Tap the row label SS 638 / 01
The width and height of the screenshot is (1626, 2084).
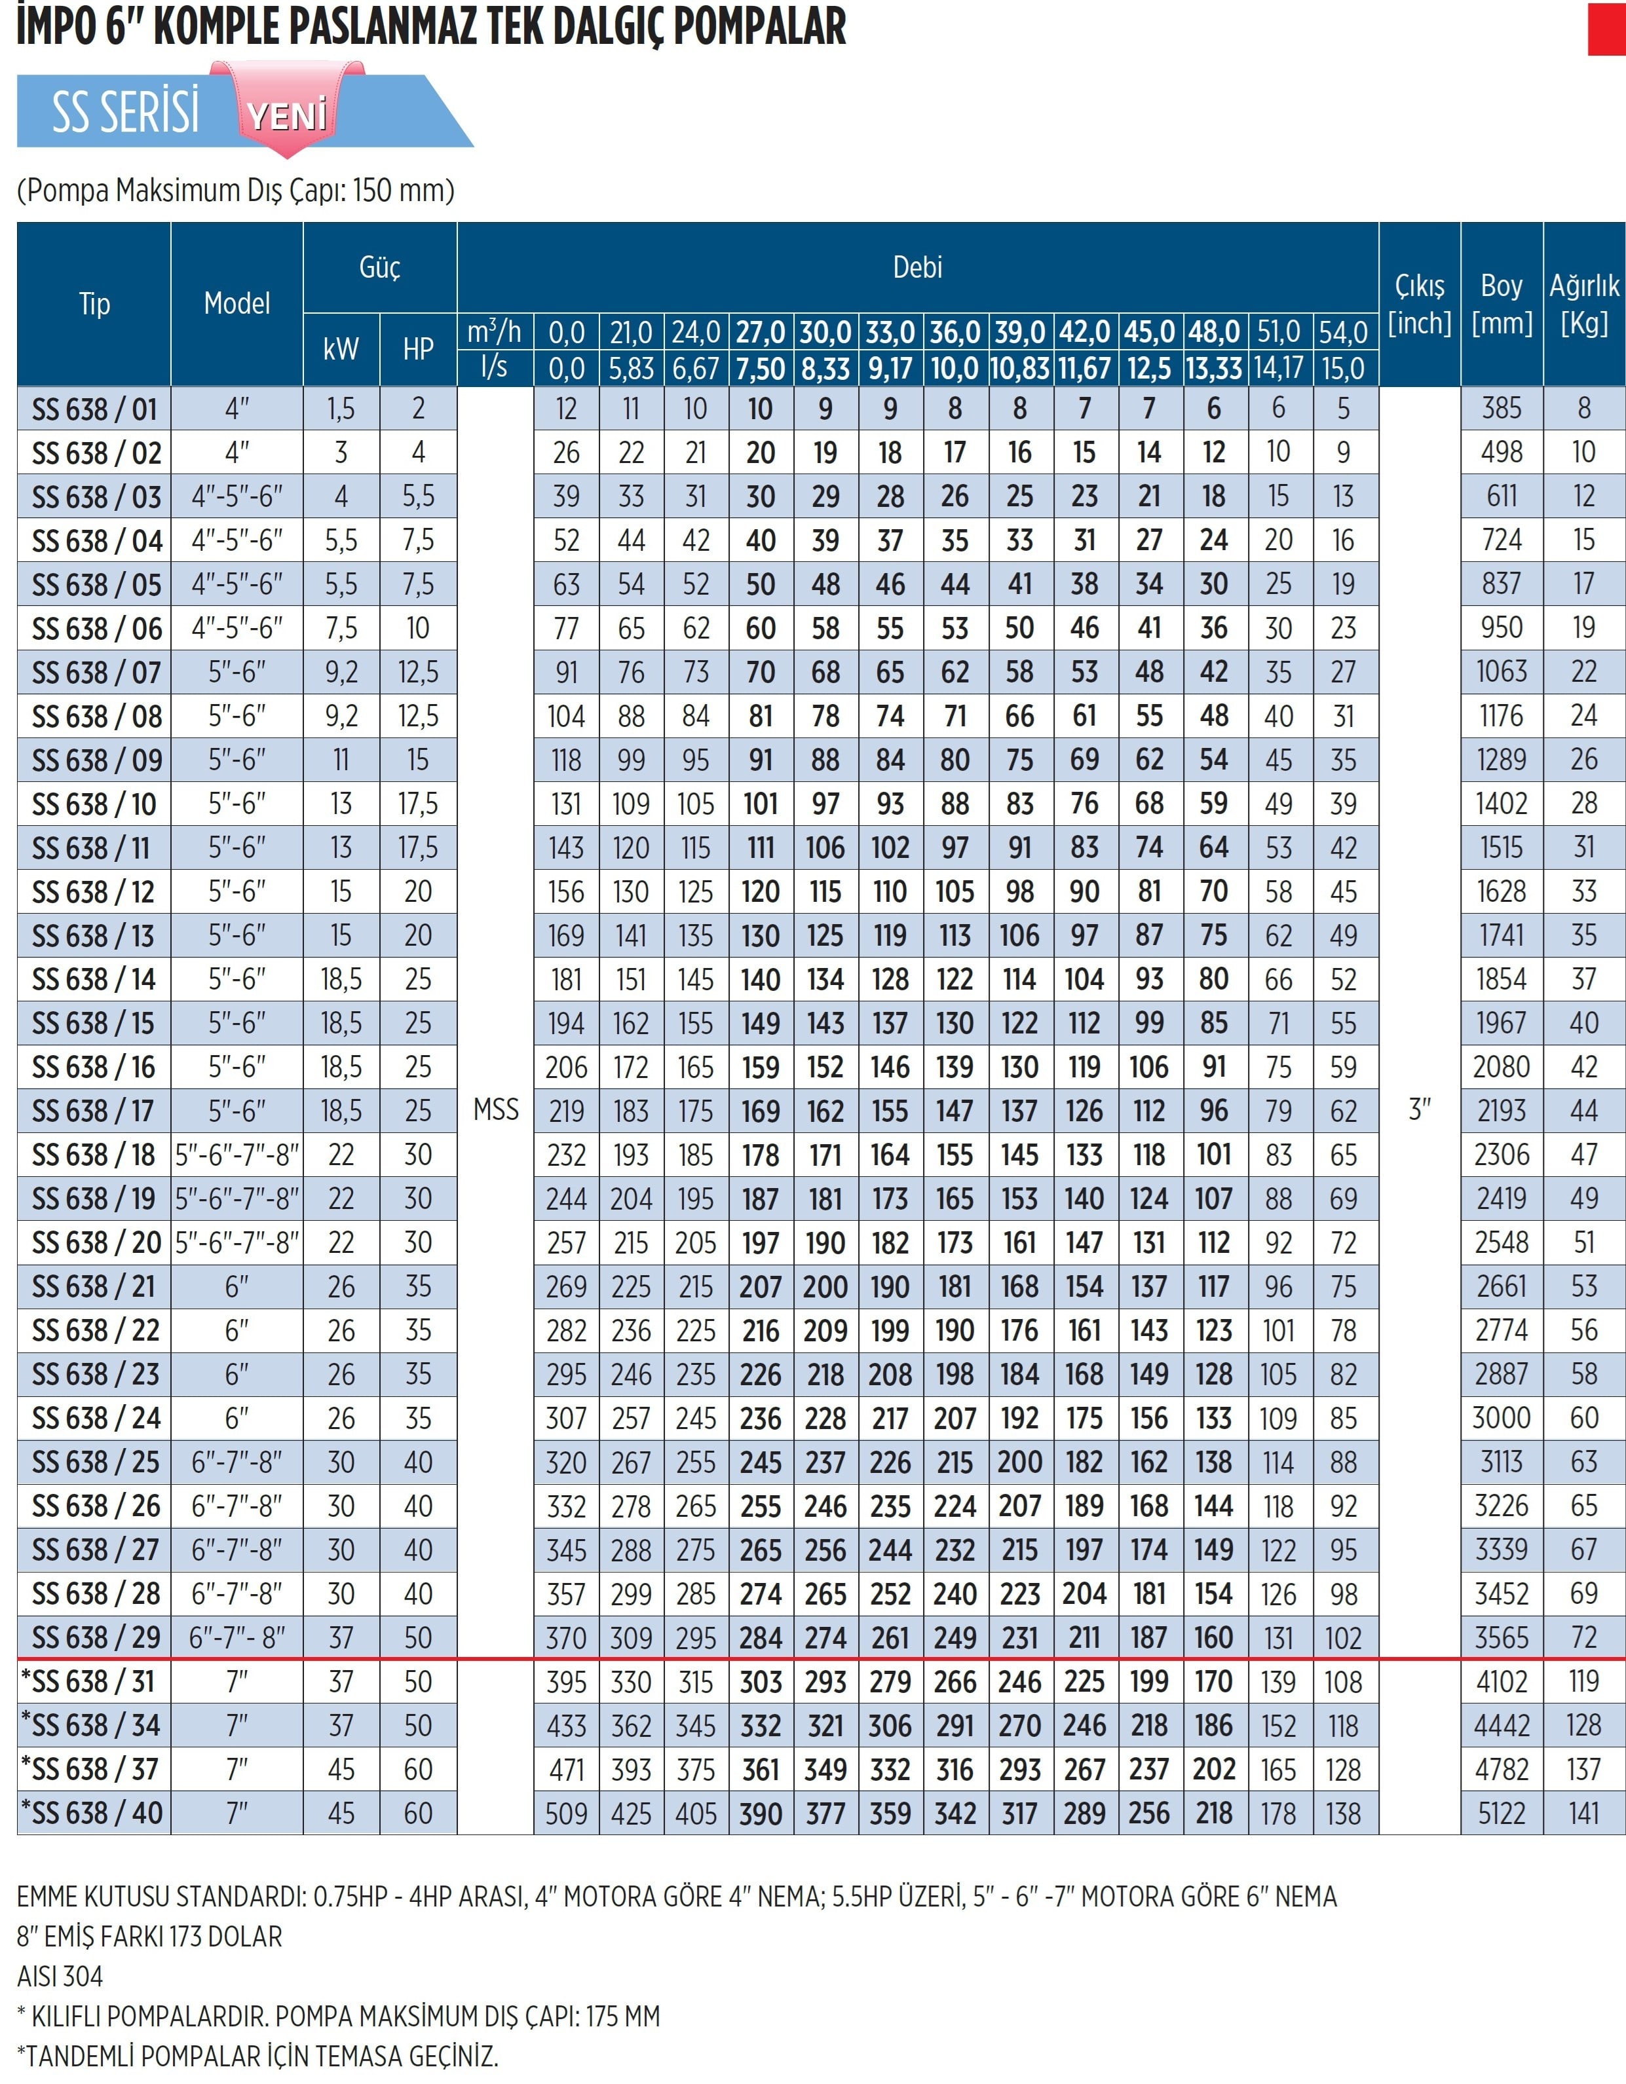click(x=94, y=409)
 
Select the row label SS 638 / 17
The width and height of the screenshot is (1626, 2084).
click(x=94, y=1111)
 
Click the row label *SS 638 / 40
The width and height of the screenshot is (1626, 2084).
click(x=92, y=1812)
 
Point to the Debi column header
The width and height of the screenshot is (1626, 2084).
click(x=917, y=267)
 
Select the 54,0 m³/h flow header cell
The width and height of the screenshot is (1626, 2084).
click(x=1344, y=332)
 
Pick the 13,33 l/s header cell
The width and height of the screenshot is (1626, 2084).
click(x=1214, y=368)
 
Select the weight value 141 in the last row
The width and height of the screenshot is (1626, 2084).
click(x=1584, y=1813)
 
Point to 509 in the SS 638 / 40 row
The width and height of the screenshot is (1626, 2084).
click(x=566, y=1813)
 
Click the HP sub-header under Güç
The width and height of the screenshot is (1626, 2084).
click(x=418, y=349)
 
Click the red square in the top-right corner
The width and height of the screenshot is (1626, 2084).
click(x=1607, y=29)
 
